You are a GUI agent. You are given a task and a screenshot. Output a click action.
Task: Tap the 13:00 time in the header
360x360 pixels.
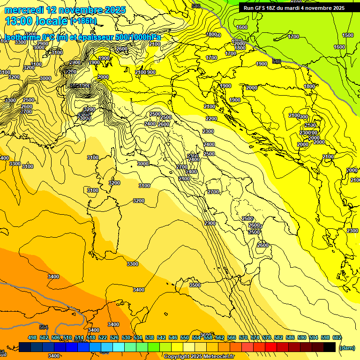click(x=22, y=21)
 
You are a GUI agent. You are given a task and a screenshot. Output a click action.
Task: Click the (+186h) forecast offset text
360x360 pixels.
click(x=83, y=22)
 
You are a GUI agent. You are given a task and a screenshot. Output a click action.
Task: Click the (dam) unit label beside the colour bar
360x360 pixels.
click(x=347, y=348)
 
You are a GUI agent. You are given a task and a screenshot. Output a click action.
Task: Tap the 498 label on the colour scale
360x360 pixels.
click(x=32, y=338)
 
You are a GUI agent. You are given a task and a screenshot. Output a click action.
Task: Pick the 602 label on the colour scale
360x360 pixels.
click(x=337, y=338)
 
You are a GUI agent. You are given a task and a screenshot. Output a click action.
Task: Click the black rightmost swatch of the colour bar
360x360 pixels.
click(x=330, y=347)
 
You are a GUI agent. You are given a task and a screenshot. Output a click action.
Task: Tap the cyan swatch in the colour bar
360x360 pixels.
click(x=119, y=347)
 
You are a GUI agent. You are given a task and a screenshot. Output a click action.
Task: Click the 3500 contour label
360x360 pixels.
click(x=195, y=285)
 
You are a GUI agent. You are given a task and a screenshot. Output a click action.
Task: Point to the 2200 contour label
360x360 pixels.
click(x=211, y=119)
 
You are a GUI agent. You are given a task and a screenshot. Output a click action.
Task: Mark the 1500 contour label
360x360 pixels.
click(x=348, y=35)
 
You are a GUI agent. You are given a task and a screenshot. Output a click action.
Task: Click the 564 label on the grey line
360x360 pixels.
click(x=44, y=327)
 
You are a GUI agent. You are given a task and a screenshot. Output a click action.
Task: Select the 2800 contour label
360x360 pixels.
click(x=184, y=179)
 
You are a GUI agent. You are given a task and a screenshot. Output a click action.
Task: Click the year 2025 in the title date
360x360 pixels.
click(x=114, y=10)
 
